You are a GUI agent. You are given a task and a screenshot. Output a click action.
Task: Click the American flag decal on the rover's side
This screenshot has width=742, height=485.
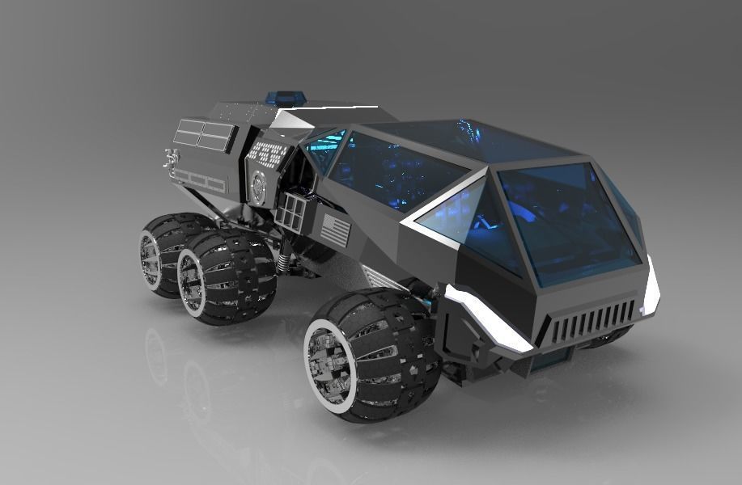pyautogui.click(x=336, y=230)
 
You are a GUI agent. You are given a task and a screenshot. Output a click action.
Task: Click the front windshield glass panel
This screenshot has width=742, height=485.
pyautogui.click(x=566, y=218)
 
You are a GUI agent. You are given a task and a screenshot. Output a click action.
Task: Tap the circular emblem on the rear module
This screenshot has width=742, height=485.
pyautogui.click(x=257, y=188)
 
